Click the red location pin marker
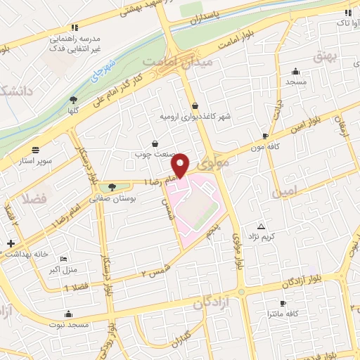[181, 164]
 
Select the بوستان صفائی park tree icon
[112, 187]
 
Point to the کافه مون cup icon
[265, 136]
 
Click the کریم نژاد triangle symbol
[262, 226]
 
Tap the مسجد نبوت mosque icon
[68, 314]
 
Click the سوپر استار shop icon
[36, 149]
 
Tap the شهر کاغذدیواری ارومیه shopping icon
[195, 106]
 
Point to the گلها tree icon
[74, 100]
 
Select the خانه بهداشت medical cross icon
[10, 244]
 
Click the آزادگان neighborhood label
[212, 303]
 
